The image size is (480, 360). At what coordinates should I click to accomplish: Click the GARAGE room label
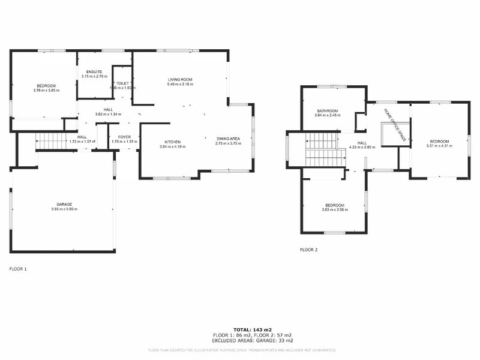[x=64, y=204]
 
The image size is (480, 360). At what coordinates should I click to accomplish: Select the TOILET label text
[x=123, y=83]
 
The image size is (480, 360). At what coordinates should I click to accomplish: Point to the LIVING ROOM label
[x=179, y=79]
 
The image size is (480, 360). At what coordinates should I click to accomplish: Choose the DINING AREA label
[x=228, y=139]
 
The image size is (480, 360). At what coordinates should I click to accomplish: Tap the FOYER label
[x=124, y=137]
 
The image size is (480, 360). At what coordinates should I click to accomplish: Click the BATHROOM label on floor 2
[x=327, y=110]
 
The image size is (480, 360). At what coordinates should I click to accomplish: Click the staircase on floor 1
[x=52, y=142]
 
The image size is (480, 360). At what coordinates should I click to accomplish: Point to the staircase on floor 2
[x=324, y=150]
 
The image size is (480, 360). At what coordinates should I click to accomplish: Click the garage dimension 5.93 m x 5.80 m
[x=64, y=209]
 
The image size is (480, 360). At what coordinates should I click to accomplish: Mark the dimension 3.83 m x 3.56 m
[x=334, y=209]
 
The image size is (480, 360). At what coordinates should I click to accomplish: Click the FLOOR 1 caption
[x=18, y=269]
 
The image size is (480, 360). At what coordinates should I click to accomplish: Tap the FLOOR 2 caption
[x=309, y=250]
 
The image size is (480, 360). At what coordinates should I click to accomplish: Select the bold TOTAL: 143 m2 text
[x=252, y=330]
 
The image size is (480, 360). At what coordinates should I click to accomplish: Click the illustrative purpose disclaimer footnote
[x=242, y=349]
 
